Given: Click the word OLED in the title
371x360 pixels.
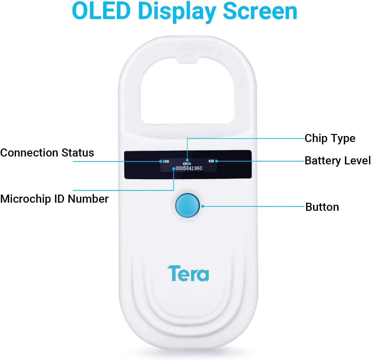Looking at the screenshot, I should (101, 11).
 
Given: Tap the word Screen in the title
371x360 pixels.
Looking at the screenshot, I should (260, 11).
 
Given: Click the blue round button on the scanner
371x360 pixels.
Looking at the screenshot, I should (187, 205).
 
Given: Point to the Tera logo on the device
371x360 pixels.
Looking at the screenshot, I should (188, 273).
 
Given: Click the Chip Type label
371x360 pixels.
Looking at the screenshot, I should (330, 139).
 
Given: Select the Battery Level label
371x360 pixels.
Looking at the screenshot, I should (337, 161).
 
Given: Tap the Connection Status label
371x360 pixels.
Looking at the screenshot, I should (47, 153).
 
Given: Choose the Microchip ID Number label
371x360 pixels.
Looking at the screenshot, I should (54, 199).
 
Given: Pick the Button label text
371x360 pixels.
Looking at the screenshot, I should (322, 207).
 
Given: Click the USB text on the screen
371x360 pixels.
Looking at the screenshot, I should (166, 161).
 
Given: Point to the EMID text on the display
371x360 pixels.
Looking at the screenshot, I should (187, 164).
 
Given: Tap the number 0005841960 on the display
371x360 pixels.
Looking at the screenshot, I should (189, 168).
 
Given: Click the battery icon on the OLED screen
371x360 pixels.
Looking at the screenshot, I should (211, 161).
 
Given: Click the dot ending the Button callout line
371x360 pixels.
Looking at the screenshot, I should (203, 206).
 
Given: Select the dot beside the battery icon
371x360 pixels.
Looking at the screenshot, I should (217, 161).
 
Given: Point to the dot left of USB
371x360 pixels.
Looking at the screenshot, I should (160, 161).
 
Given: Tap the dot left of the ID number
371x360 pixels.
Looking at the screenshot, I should (174, 168).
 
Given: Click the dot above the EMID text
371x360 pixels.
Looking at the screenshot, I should (187, 160).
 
